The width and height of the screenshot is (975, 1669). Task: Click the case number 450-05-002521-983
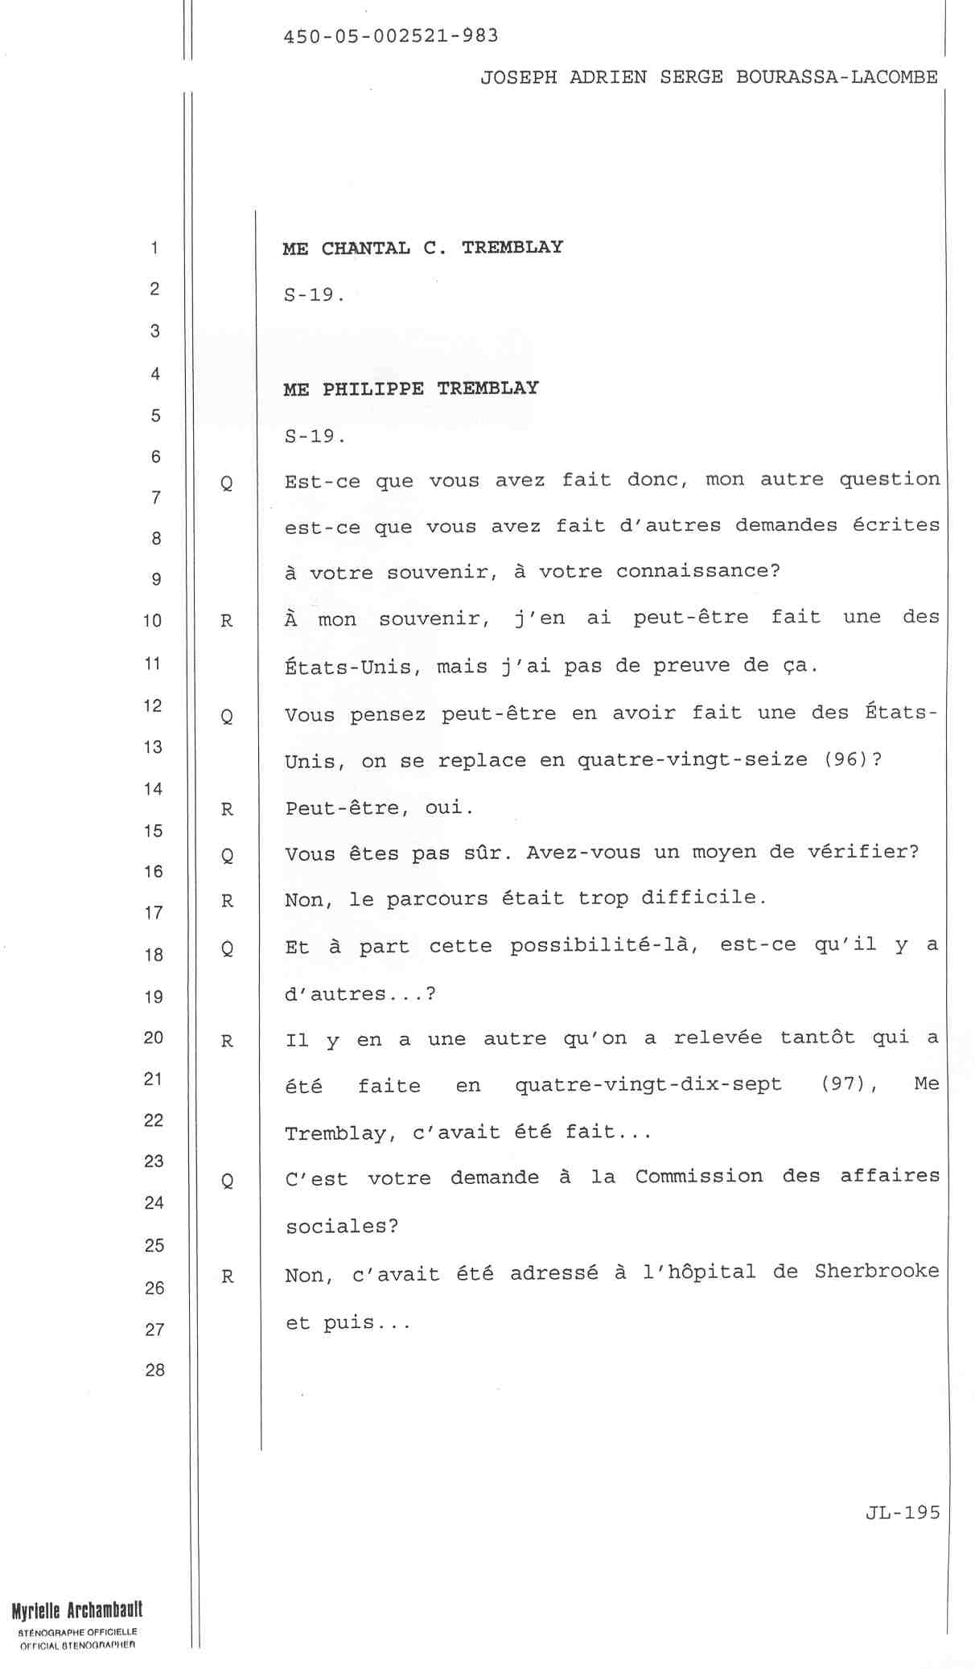click(391, 36)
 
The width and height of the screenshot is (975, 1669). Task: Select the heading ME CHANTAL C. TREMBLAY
click(422, 248)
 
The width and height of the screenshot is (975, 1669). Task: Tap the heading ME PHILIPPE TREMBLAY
click(410, 389)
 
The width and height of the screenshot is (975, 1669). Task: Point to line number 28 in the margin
click(154, 1369)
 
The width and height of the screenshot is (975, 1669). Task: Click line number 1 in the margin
click(154, 248)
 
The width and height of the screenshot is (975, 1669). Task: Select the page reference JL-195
click(903, 1512)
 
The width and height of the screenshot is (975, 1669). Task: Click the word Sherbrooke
click(877, 1271)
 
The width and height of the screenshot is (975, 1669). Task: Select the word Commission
click(698, 1176)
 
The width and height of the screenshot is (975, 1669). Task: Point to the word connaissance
click(697, 571)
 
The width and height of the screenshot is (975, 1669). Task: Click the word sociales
click(342, 1226)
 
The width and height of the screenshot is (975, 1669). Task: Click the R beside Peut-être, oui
click(227, 809)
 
